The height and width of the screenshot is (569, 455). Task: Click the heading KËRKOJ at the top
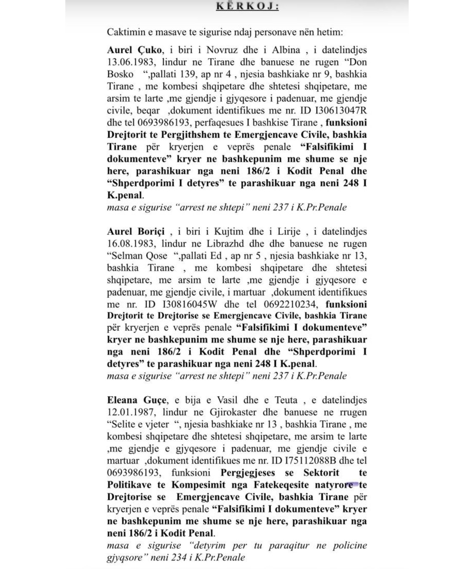click(x=247, y=6)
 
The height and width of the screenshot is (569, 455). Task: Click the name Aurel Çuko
click(x=134, y=50)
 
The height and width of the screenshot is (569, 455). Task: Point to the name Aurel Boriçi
click(x=137, y=231)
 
